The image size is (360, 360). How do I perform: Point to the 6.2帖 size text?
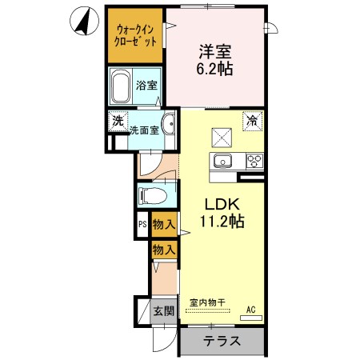tap(215, 69)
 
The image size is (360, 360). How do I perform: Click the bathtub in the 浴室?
tap(120, 86)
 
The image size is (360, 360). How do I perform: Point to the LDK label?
tap(214, 203)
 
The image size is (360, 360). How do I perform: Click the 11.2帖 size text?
tap(215, 220)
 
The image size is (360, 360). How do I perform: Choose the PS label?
tap(142, 226)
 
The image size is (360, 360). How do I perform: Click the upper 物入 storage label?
tap(163, 226)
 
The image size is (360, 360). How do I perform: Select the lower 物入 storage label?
tap(163, 250)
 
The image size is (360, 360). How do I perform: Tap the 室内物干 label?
tap(207, 303)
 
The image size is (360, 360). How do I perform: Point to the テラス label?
tap(222, 341)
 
